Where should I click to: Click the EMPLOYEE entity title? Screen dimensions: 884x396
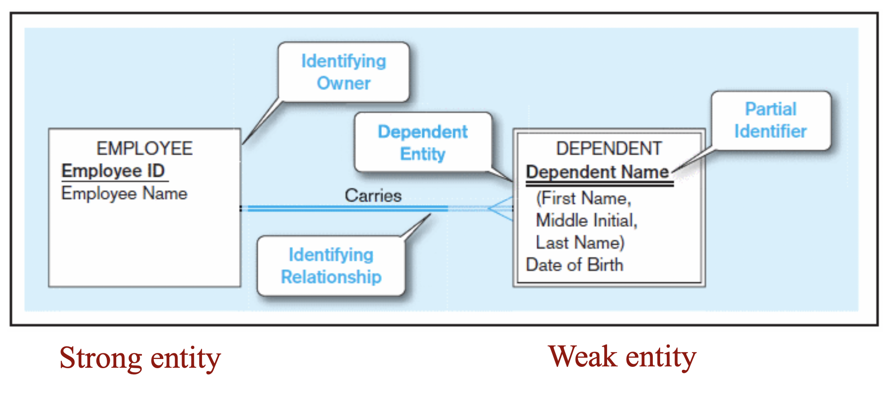tap(144, 148)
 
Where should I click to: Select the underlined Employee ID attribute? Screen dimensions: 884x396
tap(113, 171)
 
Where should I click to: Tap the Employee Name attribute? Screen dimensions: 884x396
tap(124, 193)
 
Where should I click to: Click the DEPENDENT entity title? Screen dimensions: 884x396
tap(609, 148)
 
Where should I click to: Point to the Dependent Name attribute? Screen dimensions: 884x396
tap(597, 172)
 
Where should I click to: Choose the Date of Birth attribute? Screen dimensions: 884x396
tap(574, 265)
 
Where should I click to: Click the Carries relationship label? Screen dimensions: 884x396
tap(373, 195)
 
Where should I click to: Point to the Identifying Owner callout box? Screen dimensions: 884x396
tap(344, 72)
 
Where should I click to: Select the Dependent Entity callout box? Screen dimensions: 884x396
tap(423, 142)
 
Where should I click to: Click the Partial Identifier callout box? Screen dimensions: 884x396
tap(771, 121)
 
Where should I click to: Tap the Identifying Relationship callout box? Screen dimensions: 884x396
tap(331, 266)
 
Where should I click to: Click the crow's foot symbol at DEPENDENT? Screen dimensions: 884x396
tap(500, 209)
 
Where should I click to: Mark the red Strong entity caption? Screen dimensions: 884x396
tap(140, 358)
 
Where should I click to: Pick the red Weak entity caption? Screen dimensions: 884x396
tap(622, 357)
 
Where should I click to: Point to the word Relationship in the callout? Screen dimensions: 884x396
tap(331, 277)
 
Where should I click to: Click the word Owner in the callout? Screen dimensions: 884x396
tap(344, 83)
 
